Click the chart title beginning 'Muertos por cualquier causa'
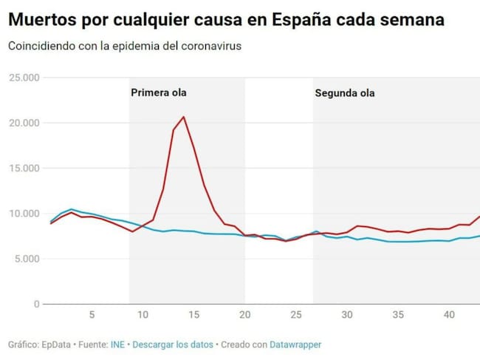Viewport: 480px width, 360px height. click(226, 19)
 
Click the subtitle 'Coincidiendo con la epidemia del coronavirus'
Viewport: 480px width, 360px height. click(125, 46)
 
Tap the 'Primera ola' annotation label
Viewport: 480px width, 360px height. click(159, 92)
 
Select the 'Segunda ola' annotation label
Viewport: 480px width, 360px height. click(345, 93)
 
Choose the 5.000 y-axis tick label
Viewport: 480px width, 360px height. click(26, 259)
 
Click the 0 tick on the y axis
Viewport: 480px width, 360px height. click(35, 304)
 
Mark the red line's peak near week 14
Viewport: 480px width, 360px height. click(183, 117)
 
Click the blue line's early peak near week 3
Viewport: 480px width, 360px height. click(71, 209)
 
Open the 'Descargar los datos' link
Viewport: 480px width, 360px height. click(174, 344)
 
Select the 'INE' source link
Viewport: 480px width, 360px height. click(117, 344)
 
